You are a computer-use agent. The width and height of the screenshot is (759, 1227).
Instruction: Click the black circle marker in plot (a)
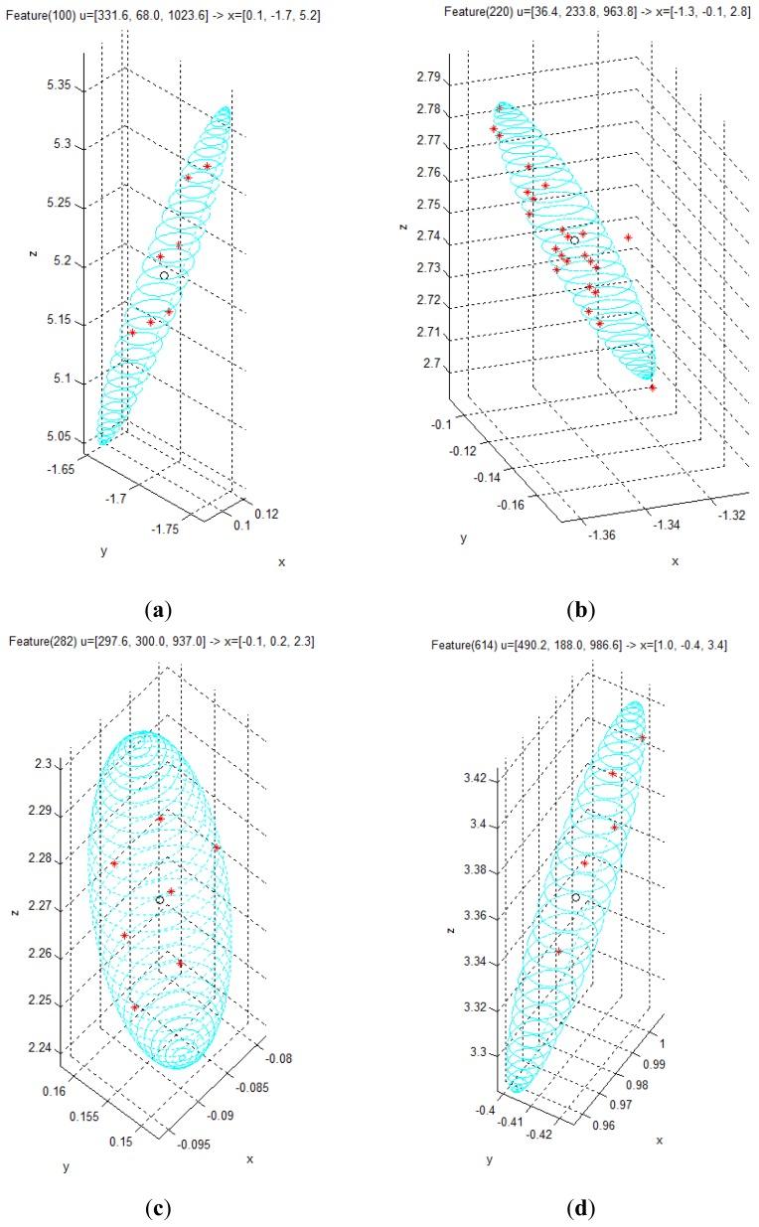pyautogui.click(x=164, y=274)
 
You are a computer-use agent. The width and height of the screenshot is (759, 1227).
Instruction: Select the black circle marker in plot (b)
pyautogui.click(x=574, y=240)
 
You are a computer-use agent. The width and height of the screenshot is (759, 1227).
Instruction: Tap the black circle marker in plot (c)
pyautogui.click(x=160, y=899)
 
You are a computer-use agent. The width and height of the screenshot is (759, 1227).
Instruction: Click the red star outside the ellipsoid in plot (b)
pyautogui.click(x=628, y=237)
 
